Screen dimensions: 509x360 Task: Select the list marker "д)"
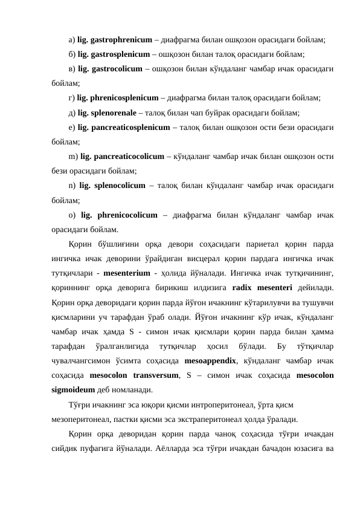pos(72,112)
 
